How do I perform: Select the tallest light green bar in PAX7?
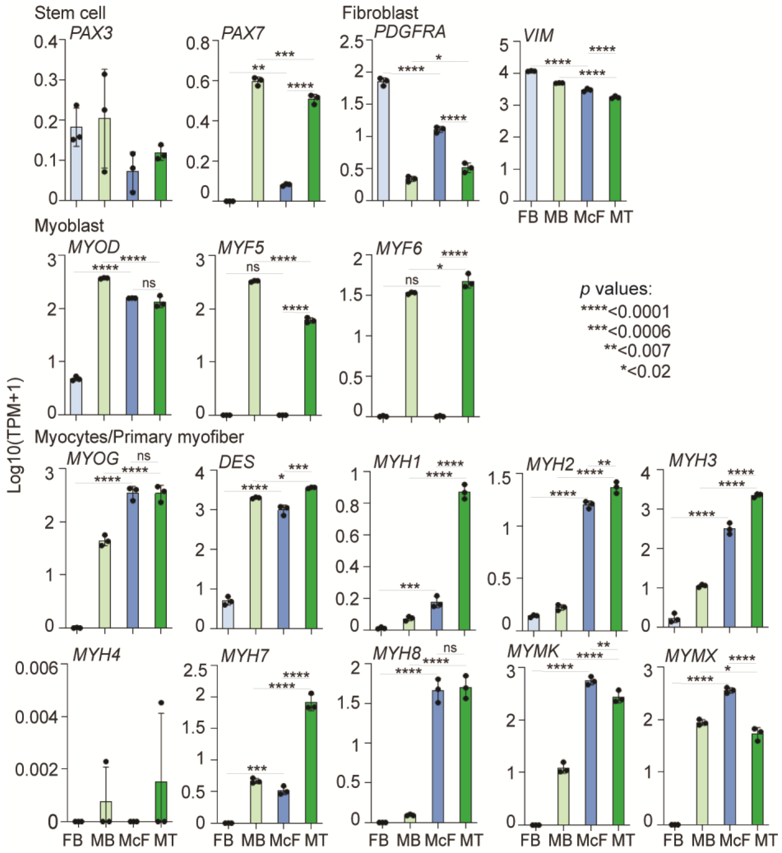click(257, 142)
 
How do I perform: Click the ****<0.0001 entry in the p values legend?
click(626, 312)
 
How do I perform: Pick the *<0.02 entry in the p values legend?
click(645, 371)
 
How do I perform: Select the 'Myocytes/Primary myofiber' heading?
click(139, 437)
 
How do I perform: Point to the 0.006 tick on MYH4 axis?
click(36, 669)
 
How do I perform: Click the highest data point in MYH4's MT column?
click(161, 703)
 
